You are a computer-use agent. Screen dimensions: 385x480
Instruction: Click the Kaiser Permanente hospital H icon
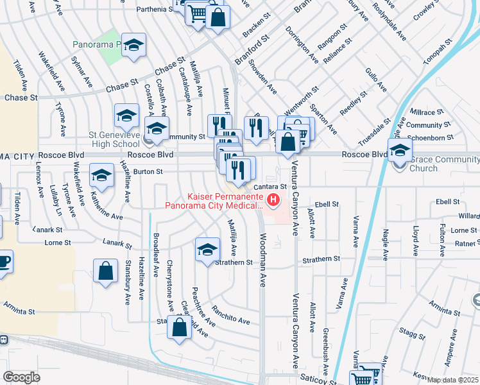[x=274, y=200]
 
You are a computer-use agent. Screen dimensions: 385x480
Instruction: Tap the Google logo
[x=21, y=377]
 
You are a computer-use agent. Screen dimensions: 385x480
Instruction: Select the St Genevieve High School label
[x=114, y=139]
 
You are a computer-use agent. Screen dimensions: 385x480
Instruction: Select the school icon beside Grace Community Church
[x=399, y=150]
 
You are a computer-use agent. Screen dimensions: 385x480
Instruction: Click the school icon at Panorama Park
[x=134, y=45]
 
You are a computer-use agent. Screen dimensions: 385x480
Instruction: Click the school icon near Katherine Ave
[x=101, y=175]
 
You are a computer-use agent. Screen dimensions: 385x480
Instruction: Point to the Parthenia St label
[x=153, y=10]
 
